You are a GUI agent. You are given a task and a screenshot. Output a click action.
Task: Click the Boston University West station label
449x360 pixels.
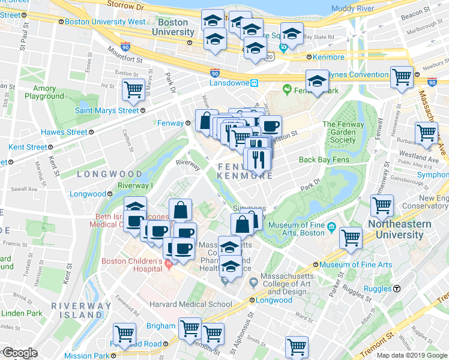[105, 22]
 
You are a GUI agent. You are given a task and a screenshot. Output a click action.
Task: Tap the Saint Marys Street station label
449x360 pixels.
[106, 110]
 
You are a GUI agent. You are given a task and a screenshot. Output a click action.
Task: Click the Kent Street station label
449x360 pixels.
[28, 147]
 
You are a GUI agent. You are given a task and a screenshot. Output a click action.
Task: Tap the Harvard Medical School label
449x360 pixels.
[191, 304]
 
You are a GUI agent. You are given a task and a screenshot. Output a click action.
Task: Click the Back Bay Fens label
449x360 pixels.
[324, 160]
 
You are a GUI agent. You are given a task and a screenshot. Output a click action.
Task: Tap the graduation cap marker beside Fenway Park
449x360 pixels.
[317, 81]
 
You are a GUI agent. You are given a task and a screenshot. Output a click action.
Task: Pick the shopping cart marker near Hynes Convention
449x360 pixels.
[402, 77]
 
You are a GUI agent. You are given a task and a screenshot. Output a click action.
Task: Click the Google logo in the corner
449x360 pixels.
[19, 353]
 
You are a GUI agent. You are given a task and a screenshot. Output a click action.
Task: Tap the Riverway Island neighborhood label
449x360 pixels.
[81, 310]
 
